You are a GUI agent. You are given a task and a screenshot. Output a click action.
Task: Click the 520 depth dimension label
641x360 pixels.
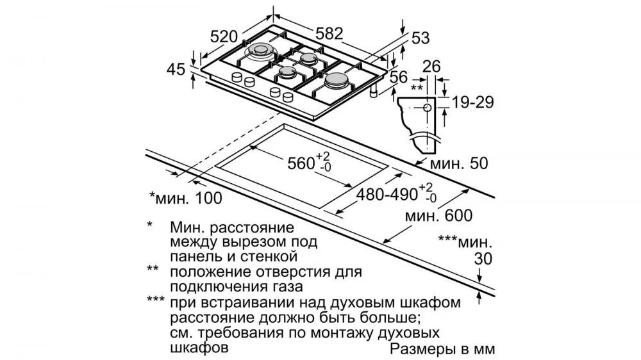pos(224,36)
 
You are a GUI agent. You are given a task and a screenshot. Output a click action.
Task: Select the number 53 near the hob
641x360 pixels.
pos(420,38)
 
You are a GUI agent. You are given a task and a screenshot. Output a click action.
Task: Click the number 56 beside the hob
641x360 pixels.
pos(399,76)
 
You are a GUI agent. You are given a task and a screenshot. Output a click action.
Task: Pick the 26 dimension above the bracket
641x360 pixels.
pos(432,66)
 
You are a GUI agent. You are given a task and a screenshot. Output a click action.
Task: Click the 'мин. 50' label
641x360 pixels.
pos(458,163)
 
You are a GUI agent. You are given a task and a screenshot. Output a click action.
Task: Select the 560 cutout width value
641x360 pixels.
pos(300,163)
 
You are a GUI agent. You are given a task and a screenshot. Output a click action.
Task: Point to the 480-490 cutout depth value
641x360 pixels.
pos(387,192)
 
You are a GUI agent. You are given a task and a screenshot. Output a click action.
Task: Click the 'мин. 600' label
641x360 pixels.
pos(438,216)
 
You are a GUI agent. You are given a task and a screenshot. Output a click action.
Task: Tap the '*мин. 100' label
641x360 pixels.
pos(185,197)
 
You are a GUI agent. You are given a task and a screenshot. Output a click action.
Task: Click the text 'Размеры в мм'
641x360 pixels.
pos(442,350)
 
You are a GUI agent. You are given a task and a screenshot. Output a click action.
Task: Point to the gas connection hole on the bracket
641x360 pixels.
pos(426,108)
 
